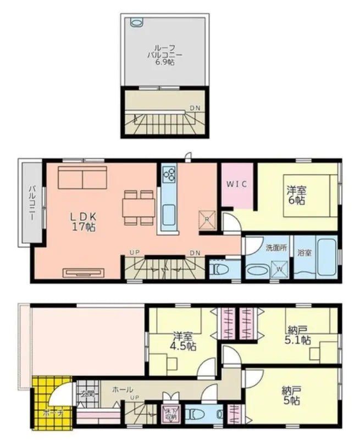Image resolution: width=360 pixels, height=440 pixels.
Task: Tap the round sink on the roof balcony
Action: point(136,23)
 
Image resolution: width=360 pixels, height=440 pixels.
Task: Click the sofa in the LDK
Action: point(82,178)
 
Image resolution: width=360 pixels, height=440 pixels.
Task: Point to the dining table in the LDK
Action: point(139,208)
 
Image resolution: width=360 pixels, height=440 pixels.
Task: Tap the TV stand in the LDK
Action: point(83,271)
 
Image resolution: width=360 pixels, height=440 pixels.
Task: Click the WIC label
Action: point(237,185)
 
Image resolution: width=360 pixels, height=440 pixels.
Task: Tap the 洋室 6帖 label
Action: point(296,196)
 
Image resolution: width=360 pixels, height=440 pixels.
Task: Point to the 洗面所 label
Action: point(276,247)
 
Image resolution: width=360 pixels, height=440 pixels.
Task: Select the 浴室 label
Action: point(305,253)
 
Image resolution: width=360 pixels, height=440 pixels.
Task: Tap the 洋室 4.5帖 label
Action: point(182,342)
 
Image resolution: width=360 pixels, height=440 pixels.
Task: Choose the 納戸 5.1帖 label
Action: point(297,335)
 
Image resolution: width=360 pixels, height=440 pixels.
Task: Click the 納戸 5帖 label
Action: point(291,396)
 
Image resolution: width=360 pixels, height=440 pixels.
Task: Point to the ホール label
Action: point(122,389)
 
